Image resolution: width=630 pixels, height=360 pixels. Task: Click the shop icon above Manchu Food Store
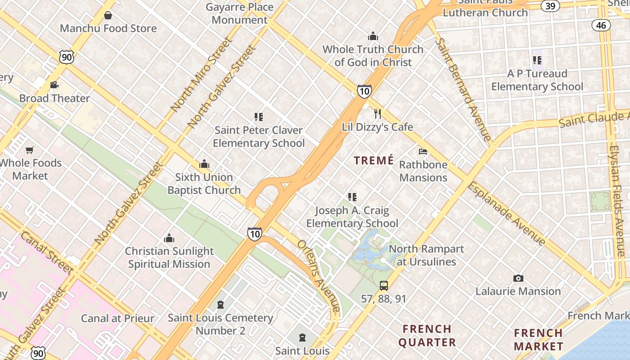click(x=108, y=16)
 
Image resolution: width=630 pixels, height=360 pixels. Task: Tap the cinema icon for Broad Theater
click(x=54, y=85)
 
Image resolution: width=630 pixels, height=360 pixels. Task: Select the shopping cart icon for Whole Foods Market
click(x=30, y=150)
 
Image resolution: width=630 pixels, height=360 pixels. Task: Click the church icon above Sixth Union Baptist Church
click(x=204, y=164)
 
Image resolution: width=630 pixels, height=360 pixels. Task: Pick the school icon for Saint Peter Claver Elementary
click(x=259, y=117)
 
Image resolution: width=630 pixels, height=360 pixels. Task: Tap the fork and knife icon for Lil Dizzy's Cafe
click(x=378, y=114)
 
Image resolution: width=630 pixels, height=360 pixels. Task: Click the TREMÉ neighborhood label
click(x=373, y=161)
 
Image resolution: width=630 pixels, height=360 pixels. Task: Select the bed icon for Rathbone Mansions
click(x=423, y=152)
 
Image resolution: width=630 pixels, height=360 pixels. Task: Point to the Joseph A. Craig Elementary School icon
click(x=352, y=197)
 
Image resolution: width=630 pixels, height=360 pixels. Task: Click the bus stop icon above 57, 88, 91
click(x=384, y=285)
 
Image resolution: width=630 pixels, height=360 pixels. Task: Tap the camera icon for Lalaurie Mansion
click(x=518, y=279)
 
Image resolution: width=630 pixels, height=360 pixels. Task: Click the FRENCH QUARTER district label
click(x=427, y=336)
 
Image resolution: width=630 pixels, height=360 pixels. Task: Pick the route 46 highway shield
click(x=601, y=25)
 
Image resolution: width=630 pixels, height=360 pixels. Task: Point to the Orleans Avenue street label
click(x=319, y=275)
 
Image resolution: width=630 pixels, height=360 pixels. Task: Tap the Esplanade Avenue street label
click(x=507, y=213)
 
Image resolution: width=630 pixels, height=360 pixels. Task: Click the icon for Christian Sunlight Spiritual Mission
click(x=169, y=238)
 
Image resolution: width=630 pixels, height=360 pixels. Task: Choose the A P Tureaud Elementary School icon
click(x=537, y=60)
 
